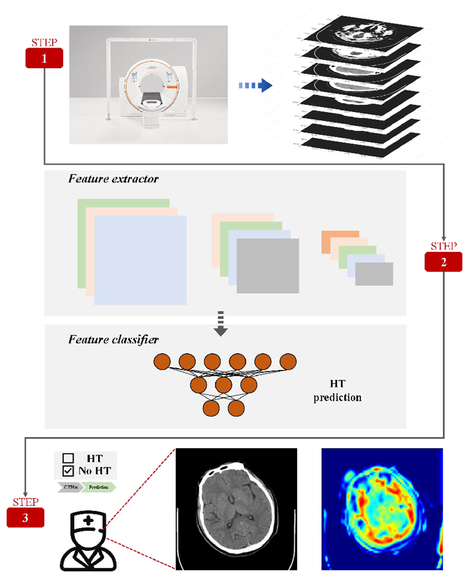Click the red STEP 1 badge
click(x=44, y=58)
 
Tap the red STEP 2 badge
click(x=443, y=262)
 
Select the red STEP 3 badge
click(x=25, y=518)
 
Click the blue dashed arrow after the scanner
click(x=255, y=85)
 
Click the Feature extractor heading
click(x=114, y=179)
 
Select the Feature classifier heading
click(x=114, y=340)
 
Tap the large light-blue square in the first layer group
click(x=140, y=260)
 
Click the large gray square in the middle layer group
click(x=268, y=266)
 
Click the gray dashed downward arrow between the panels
click(x=220, y=324)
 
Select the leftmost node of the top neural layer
click(x=162, y=361)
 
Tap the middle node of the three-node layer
click(x=223, y=385)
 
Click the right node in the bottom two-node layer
click(x=236, y=408)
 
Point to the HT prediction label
click(x=337, y=391)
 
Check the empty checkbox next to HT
click(x=68, y=458)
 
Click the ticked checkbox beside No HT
click(x=68, y=471)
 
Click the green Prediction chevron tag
click(x=99, y=487)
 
